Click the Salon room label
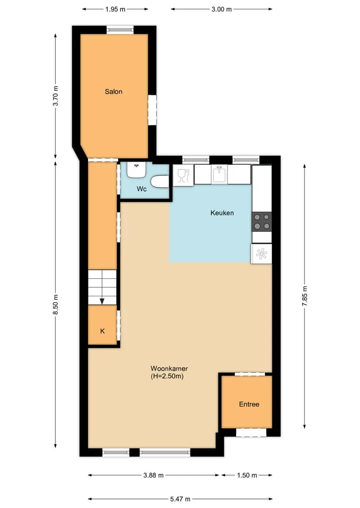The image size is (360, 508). click(x=113, y=92)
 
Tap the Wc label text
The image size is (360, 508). click(x=141, y=189)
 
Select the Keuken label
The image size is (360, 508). click(x=222, y=213)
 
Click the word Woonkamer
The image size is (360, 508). click(x=169, y=368)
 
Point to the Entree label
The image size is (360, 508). click(x=249, y=404)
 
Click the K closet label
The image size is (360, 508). click(x=102, y=331)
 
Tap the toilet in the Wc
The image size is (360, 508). click(x=160, y=181)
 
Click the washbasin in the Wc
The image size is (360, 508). click(x=136, y=170)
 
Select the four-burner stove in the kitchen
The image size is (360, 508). click(x=261, y=222)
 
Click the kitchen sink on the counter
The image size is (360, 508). click(x=219, y=174)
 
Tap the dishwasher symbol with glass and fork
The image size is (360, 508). click(x=183, y=175)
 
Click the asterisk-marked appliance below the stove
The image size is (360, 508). click(x=261, y=254)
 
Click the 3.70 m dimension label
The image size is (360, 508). click(x=56, y=96)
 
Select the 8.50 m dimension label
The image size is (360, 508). click(x=56, y=305)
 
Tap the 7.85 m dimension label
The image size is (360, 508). click(x=304, y=296)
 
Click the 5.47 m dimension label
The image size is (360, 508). click(x=180, y=499)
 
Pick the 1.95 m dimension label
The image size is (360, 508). click(x=115, y=9)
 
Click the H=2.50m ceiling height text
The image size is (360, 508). click(x=167, y=376)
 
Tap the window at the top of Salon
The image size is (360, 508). click(x=120, y=30)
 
